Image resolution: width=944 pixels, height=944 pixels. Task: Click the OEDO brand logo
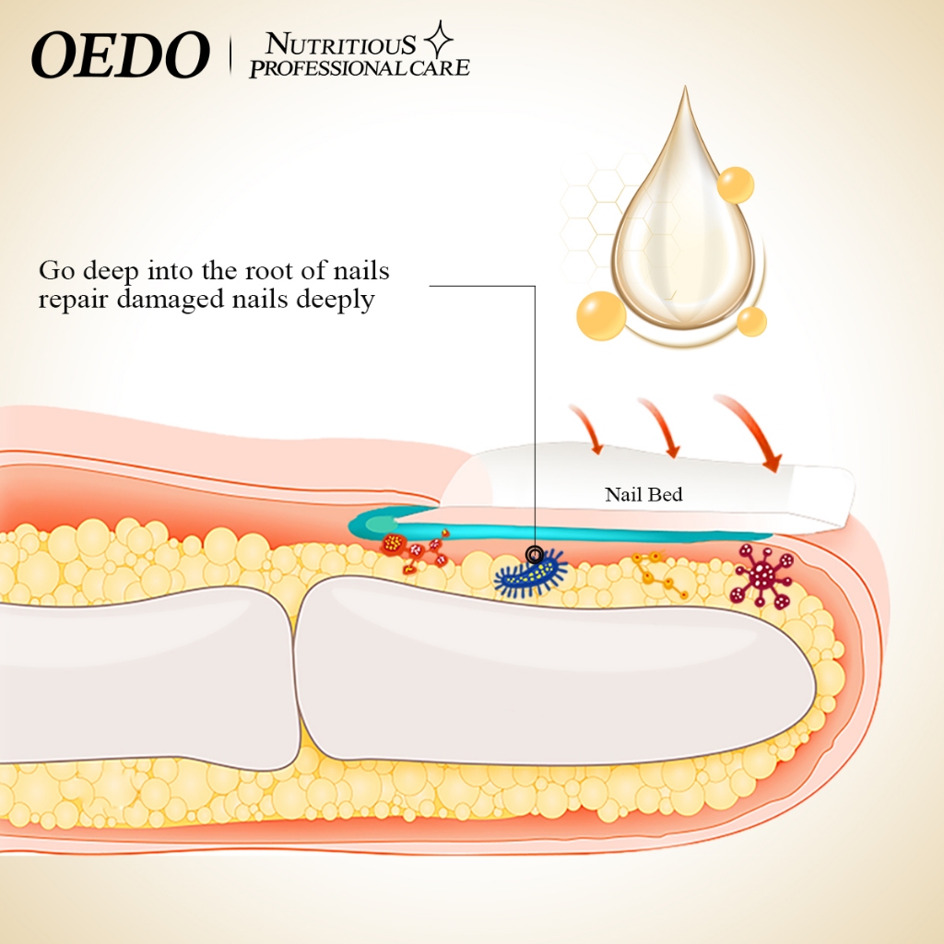[121, 54]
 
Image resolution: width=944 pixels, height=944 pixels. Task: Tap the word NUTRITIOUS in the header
[340, 44]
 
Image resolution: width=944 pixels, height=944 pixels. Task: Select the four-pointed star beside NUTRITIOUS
[438, 40]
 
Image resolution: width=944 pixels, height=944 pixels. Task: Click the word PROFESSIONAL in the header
[328, 68]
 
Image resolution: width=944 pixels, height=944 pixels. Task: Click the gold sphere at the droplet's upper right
[735, 184]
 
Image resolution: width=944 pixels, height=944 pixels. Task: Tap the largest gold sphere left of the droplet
[601, 315]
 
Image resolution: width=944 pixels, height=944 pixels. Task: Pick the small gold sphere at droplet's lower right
[751, 321]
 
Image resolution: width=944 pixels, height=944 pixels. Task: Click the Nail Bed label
[643, 494]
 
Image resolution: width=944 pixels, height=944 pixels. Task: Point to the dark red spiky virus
[761, 575]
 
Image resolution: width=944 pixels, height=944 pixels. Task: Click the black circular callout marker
[535, 554]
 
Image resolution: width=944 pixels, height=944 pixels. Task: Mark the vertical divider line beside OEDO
[230, 55]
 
